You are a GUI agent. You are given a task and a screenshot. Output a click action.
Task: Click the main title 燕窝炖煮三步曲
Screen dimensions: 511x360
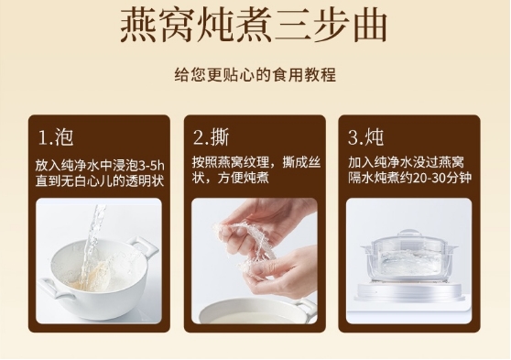254,25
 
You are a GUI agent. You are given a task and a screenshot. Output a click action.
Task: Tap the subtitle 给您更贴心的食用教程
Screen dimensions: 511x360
255,75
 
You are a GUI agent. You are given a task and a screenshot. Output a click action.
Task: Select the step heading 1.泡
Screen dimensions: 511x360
56,137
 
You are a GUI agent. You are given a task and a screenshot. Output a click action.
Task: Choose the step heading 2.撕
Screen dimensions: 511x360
212,137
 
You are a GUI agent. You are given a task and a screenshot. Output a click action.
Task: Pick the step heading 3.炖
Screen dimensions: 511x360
365,137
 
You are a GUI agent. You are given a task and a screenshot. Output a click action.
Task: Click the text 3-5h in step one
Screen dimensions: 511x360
152,166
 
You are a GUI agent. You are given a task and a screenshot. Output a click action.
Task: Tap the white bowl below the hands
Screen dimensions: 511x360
255,311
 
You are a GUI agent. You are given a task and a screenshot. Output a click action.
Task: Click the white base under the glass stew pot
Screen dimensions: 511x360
408,292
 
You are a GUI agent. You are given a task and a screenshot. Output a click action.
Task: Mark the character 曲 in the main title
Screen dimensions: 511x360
370,25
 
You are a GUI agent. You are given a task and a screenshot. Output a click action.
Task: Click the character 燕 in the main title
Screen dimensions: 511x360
138,25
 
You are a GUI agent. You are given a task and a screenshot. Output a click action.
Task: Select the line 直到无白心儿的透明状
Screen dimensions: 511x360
100,181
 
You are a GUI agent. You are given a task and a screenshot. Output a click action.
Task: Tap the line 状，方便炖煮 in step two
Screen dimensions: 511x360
231,178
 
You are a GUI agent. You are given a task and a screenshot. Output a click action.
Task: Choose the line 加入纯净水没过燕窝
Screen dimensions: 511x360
406,162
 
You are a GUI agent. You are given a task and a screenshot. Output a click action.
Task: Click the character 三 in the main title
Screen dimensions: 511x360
292,25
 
